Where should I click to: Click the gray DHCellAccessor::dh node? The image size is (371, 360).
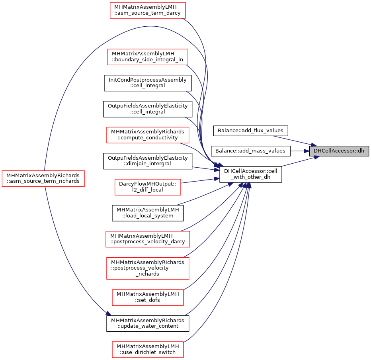pyautogui.click(x=339, y=151)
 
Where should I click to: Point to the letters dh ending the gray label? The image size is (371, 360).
pyautogui.click(x=361, y=151)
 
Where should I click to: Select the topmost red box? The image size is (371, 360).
pyautogui.click(x=148, y=10)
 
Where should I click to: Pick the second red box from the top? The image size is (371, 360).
pyautogui.click(x=148, y=57)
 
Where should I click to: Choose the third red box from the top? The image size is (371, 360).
pyautogui.click(x=148, y=135)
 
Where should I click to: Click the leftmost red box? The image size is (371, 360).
pyautogui.click(x=43, y=179)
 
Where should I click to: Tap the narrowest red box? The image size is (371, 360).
pyautogui.click(x=148, y=187)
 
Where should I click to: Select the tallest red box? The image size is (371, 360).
pyautogui.click(x=148, y=268)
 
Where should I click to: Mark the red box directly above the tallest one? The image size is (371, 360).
pyautogui.click(x=148, y=239)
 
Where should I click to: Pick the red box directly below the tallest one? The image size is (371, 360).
pyautogui.click(x=148, y=297)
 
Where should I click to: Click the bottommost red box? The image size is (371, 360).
pyautogui.click(x=148, y=350)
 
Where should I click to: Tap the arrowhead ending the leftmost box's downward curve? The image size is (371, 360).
pyautogui.click(x=108, y=313)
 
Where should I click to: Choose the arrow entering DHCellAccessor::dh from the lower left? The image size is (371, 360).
pyautogui.click(x=299, y=162)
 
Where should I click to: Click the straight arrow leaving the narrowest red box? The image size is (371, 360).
pyautogui.click(x=199, y=181)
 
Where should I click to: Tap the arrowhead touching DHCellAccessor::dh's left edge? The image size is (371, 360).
pyautogui.click(x=307, y=151)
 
